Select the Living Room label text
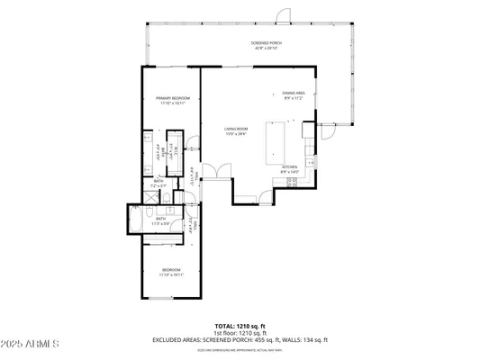click(x=236, y=130)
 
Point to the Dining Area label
click(x=294, y=94)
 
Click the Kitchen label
click(x=290, y=168)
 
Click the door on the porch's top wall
click(x=283, y=15)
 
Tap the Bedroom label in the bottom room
click(x=171, y=272)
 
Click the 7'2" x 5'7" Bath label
click(x=158, y=184)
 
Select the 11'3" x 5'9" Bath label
click(x=161, y=220)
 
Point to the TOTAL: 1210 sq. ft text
click(x=239, y=325)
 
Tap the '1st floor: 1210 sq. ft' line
click(x=239, y=332)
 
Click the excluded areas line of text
click(x=239, y=339)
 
